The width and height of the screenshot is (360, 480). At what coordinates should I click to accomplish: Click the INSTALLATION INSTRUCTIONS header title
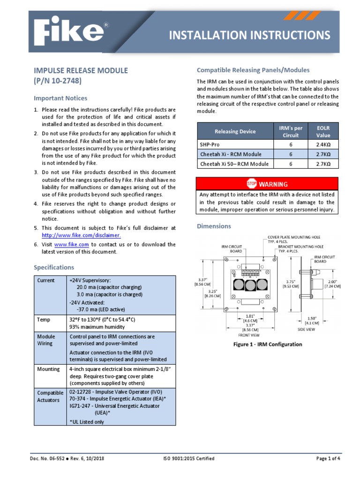point(249,36)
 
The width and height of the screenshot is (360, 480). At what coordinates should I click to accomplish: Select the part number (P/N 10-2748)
point(58,81)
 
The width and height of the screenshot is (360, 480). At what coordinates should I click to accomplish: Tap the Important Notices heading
point(60,98)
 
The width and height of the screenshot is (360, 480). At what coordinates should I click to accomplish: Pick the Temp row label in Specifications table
point(43,319)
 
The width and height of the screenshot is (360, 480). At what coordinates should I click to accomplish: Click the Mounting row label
point(48,369)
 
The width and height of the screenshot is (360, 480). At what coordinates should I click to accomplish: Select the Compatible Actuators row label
point(50,397)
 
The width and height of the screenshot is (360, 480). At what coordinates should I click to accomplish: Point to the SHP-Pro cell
point(210,145)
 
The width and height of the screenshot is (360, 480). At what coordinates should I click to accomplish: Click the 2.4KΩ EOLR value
point(323,145)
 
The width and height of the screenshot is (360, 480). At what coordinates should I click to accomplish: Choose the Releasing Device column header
point(235,131)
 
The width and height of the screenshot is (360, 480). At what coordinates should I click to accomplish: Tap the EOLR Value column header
point(323,131)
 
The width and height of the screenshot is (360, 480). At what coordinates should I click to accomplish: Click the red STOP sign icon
point(251,184)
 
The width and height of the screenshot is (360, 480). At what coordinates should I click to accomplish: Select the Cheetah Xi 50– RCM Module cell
point(234,164)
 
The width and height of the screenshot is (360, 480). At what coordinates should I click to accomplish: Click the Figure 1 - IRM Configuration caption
point(268,344)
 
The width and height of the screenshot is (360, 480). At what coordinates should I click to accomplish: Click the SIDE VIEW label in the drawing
point(307,330)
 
